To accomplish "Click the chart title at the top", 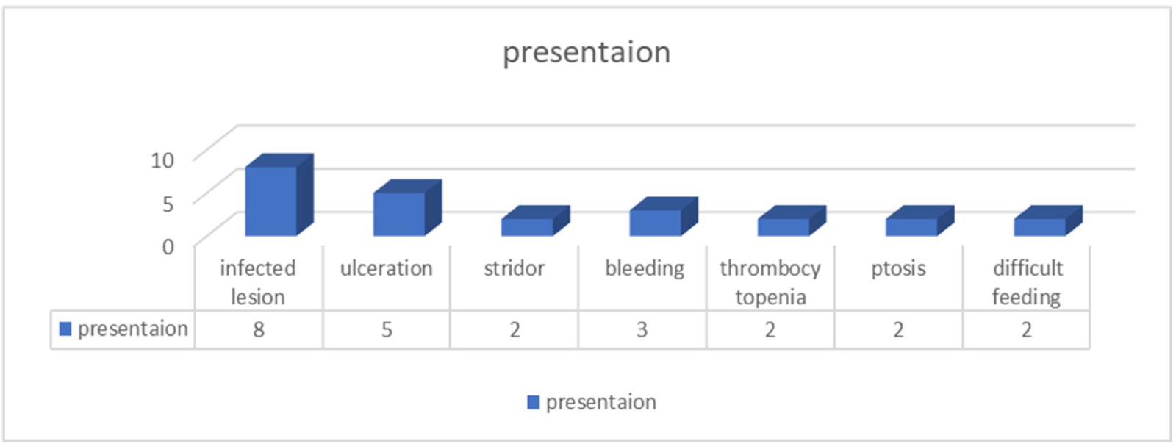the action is click(587, 52).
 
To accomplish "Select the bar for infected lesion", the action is click(279, 196).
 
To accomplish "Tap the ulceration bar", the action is click(407, 208).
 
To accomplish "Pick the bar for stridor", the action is click(535, 221).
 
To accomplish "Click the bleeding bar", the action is click(664, 217).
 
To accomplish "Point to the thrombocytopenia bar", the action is click(792, 221).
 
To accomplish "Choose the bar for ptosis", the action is click(919, 221).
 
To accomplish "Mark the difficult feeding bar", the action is click(1048, 221).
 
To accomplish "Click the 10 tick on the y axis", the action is click(162, 160).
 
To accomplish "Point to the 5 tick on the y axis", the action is click(168, 203).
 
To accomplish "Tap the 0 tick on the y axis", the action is click(168, 246).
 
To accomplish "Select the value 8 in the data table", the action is click(258, 329).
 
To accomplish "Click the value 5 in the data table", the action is click(387, 329).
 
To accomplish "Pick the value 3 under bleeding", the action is click(642, 329).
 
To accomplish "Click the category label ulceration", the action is click(387, 269).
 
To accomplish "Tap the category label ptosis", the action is click(898, 269).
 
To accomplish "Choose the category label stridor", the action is click(514, 269).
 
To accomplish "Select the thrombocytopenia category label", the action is click(770, 283).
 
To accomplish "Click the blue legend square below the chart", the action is click(534, 403).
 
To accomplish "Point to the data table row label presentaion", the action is click(133, 329).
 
